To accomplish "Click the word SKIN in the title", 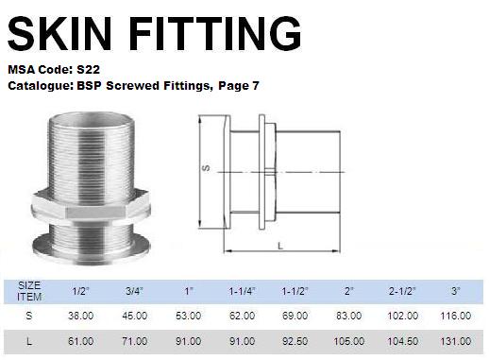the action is [59, 33].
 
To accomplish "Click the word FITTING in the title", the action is [215, 33].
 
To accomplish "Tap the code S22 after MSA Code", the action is [89, 69].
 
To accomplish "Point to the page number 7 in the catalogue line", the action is [255, 85].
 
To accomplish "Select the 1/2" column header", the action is [80, 291].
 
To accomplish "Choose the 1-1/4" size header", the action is [242, 291].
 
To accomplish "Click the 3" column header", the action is [456, 291].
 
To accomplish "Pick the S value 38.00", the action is [81, 316].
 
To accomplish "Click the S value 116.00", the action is [456, 316].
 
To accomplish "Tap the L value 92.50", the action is [295, 341].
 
